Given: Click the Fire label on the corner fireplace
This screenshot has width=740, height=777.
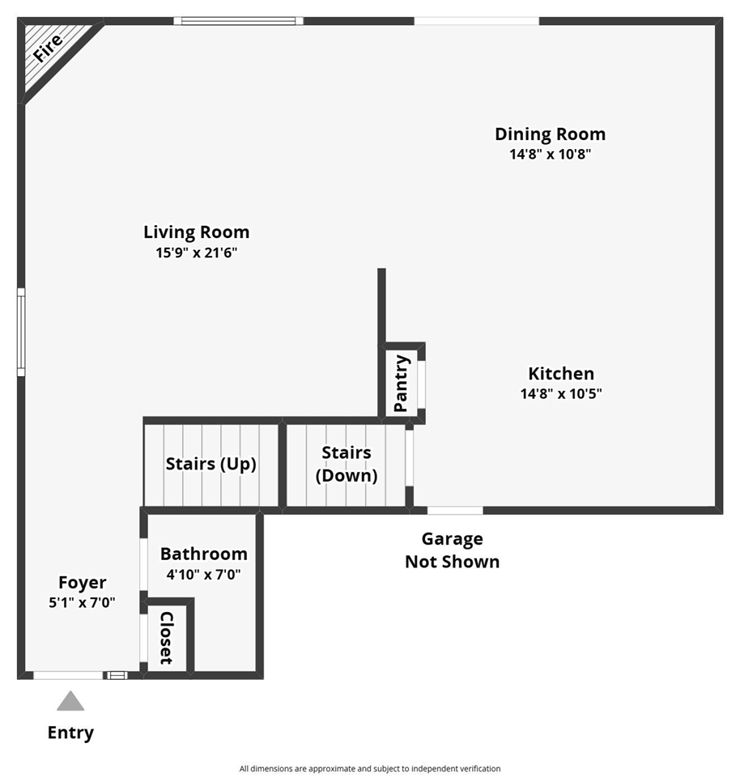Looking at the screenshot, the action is coord(48,48).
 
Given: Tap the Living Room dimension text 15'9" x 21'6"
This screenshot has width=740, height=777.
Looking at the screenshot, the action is coord(196,253).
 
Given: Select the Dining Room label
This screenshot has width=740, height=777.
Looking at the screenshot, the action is coord(551,134).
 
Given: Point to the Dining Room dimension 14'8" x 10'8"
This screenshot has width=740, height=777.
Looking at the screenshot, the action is coord(551,154).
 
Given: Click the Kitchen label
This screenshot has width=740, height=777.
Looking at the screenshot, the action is coord(561,373).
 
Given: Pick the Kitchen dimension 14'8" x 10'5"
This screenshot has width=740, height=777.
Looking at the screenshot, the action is coord(561,393).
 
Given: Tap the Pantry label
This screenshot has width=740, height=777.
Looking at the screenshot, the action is coord(401,383).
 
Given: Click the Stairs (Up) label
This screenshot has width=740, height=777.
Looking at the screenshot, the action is coord(211,464).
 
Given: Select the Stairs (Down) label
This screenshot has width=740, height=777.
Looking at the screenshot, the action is coord(347,464).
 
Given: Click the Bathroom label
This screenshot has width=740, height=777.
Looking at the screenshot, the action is coord(204,554).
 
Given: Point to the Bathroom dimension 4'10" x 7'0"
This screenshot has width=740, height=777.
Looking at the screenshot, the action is coord(203,575).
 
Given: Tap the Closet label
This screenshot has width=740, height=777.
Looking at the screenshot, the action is coord(167,638).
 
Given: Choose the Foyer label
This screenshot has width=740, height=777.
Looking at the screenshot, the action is coord(83,583).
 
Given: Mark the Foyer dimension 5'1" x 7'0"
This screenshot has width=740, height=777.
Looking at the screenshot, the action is coord(82,602).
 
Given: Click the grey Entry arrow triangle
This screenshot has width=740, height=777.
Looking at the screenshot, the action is coord(70,701).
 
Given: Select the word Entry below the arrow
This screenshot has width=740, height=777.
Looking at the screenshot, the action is coord(70,733).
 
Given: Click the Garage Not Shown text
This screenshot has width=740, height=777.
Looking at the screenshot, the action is coord(452,550).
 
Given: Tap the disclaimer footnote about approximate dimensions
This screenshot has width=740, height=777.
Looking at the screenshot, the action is coord(370,769).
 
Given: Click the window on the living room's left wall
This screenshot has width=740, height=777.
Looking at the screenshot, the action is coord(21,333).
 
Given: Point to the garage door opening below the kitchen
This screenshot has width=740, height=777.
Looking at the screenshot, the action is coord(455,511).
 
